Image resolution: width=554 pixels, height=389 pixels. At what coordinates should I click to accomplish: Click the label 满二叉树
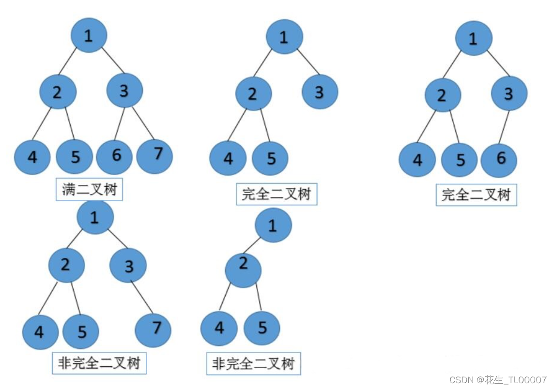[x=90, y=190]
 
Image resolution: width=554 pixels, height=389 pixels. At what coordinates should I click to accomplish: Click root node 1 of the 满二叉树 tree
[x=89, y=35]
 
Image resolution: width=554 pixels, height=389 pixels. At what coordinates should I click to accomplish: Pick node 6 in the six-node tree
[x=499, y=159]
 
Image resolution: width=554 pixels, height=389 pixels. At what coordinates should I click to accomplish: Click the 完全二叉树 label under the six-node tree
[x=476, y=195]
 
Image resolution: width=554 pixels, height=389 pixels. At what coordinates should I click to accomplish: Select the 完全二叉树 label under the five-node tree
[x=276, y=194]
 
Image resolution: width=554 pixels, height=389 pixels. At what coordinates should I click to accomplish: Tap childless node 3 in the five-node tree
[x=320, y=91]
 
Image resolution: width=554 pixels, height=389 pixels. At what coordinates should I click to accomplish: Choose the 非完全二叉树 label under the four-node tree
[x=253, y=363]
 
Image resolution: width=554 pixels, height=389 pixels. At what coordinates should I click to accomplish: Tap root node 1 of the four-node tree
[x=273, y=226]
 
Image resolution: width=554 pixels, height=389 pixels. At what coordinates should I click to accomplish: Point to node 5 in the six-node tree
[x=460, y=160]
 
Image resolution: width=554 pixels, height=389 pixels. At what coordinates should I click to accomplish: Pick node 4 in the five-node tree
[x=228, y=158]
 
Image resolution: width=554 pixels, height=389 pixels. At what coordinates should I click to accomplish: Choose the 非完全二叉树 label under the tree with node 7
[x=99, y=362]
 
